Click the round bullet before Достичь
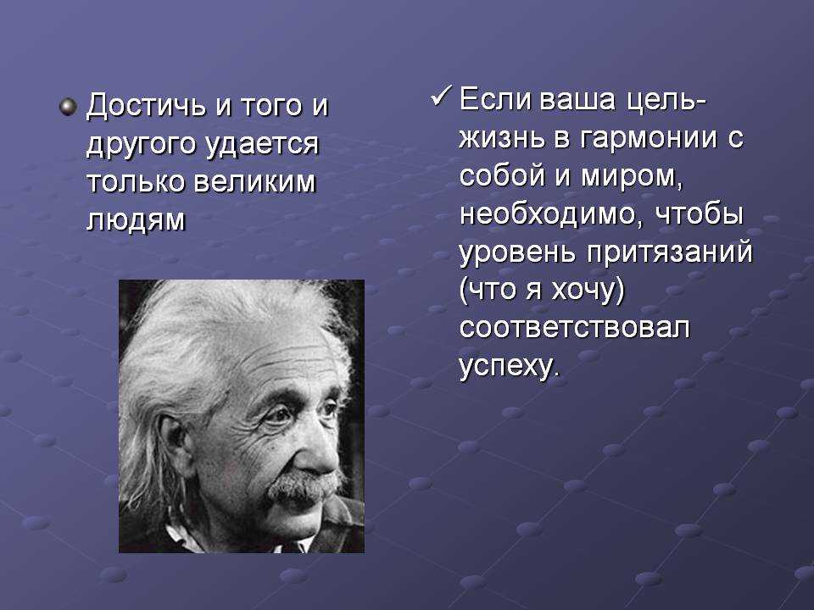pos(68,108)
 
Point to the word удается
pos(262,145)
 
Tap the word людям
pos(136,220)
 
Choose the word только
pos(136,182)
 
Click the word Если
pos(495,99)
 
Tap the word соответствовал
pos(575,329)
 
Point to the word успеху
pos(510,367)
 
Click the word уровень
pos(517,253)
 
